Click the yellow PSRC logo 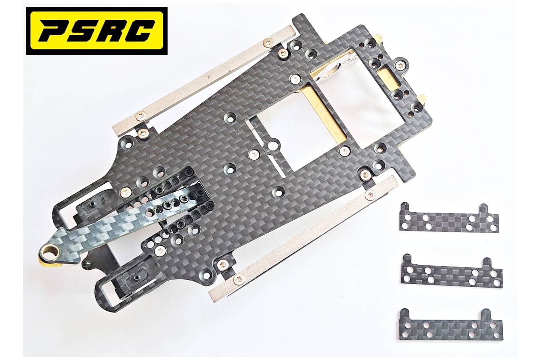(97, 30)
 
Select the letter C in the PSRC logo (139, 30)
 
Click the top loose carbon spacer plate (449, 218)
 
